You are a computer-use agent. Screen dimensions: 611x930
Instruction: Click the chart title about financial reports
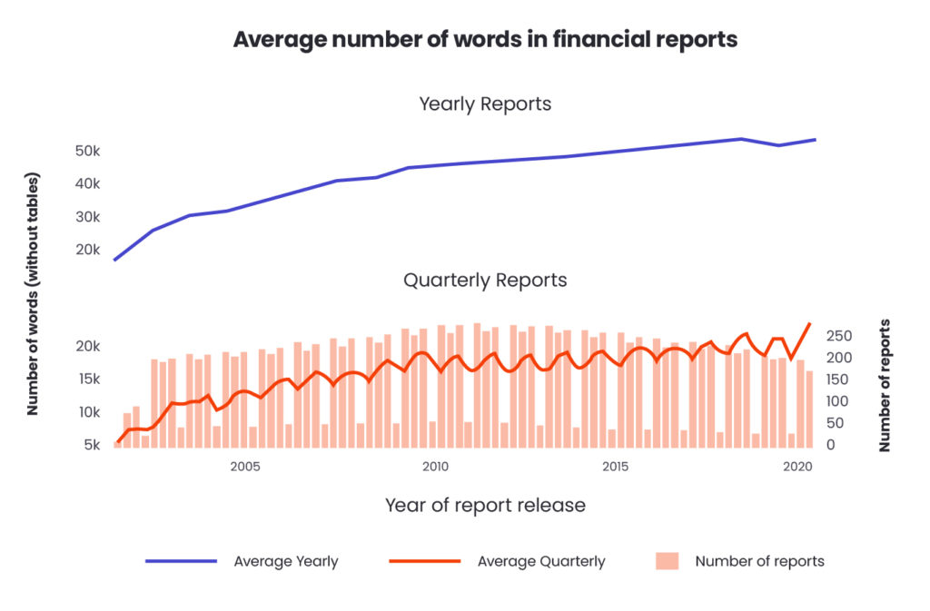[x=485, y=40]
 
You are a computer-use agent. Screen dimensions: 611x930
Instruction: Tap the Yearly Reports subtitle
[x=485, y=103]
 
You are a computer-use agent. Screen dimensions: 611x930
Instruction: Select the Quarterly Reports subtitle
[x=485, y=280]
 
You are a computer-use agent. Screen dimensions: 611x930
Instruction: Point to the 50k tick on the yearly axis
[x=87, y=151]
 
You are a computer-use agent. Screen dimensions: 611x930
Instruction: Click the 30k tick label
[x=87, y=217]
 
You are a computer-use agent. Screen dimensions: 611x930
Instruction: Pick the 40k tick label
[x=87, y=184]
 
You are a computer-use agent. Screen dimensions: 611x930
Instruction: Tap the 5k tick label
[x=91, y=445]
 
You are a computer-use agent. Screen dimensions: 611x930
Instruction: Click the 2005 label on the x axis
[x=245, y=467]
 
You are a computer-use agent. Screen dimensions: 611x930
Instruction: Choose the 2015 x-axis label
[x=616, y=467]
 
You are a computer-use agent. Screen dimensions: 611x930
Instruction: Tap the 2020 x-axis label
[x=796, y=467]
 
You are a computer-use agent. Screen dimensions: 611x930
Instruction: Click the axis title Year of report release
[x=485, y=505]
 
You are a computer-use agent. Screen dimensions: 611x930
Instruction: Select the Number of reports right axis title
[x=885, y=385]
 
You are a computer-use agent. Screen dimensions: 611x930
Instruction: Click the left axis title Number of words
[x=33, y=292]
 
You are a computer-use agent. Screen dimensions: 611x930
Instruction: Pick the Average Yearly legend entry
[x=285, y=561]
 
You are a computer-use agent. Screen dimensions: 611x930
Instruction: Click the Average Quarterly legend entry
[x=540, y=561]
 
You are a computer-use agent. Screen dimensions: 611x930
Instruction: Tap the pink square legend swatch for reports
[x=667, y=561]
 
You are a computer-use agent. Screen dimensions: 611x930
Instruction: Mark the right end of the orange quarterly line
[x=809, y=323]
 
